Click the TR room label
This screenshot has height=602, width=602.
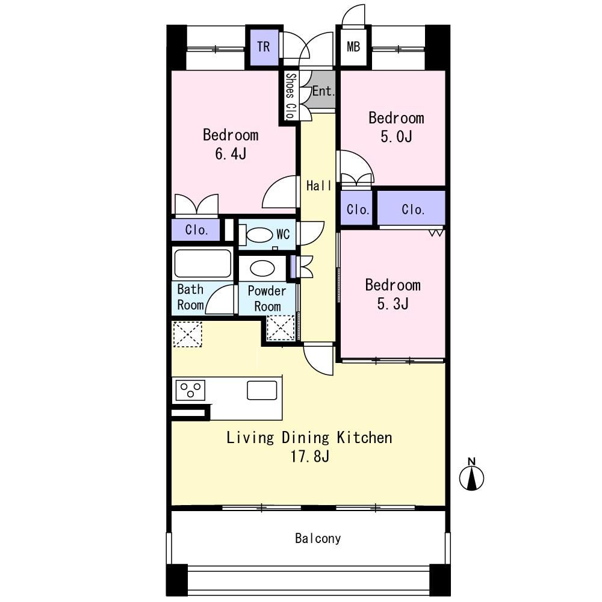point(264,47)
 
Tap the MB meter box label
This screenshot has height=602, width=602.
point(353,47)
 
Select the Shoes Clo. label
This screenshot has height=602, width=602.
point(291,96)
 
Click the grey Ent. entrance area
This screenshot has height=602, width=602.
point(323,91)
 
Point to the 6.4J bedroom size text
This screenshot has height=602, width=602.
point(231,154)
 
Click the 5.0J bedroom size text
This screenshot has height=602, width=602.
point(396,137)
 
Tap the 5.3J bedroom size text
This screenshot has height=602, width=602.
point(393,303)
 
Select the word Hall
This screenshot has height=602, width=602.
point(318,186)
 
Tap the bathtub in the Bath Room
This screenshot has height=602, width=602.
point(202,264)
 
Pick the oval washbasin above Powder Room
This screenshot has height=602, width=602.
point(262,268)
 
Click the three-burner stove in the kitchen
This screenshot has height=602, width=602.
point(190,390)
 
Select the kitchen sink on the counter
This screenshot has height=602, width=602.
point(262,390)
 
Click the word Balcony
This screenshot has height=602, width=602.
point(318,538)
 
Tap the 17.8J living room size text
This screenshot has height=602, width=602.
point(310,456)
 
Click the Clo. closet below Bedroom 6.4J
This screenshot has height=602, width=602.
point(196,229)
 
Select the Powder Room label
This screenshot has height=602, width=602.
point(267,299)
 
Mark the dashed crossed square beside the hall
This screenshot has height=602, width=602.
point(281,327)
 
